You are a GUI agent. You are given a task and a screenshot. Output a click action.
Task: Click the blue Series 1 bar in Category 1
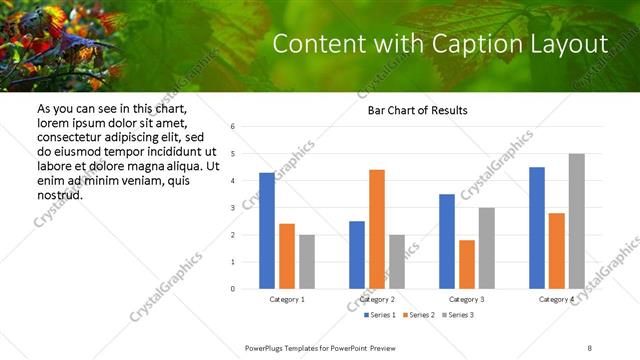(x=266, y=231)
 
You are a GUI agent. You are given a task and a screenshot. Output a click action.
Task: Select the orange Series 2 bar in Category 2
(x=376, y=229)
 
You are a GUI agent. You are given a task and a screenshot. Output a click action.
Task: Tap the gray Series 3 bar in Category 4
(x=576, y=221)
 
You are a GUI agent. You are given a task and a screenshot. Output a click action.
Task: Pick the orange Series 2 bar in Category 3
(x=466, y=264)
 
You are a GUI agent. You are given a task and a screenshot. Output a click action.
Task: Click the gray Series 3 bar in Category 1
(x=306, y=262)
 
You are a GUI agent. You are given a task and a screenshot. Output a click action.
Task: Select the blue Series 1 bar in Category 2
(x=356, y=255)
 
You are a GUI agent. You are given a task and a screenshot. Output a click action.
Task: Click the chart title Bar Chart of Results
(x=411, y=110)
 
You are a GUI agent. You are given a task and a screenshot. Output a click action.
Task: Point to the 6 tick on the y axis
(x=232, y=127)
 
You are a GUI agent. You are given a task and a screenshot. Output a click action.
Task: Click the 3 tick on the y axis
(x=232, y=208)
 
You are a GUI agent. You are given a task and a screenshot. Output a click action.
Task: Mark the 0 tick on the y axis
(x=232, y=289)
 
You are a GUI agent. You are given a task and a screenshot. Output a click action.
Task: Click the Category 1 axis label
(x=287, y=299)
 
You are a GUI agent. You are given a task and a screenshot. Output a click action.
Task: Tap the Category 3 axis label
(x=467, y=299)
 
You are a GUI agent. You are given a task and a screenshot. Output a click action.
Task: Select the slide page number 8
(x=589, y=346)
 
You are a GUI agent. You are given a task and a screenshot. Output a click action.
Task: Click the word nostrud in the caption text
(x=59, y=194)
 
